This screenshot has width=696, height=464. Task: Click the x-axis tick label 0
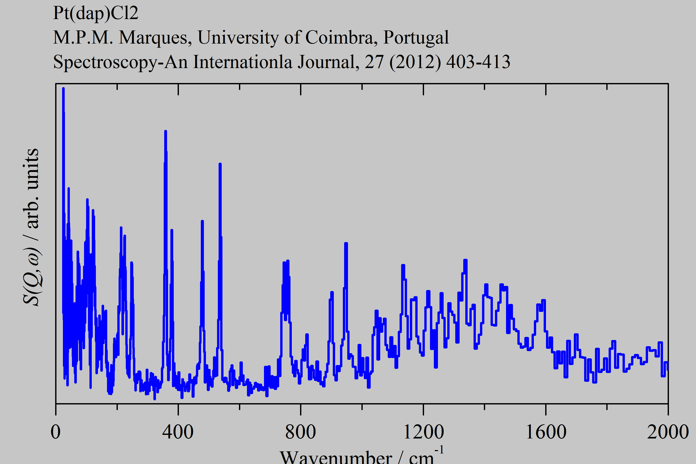(56, 432)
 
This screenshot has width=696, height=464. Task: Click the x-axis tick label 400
(178, 432)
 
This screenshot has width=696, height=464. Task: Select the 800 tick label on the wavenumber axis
(300, 432)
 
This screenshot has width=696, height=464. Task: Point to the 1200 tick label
(424, 432)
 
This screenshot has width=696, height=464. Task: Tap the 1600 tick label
(546, 432)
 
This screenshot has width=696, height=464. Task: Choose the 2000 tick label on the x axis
(668, 432)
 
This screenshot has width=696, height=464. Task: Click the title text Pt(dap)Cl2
(96, 13)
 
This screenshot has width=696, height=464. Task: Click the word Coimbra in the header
(339, 38)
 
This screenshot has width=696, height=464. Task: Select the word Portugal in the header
(416, 38)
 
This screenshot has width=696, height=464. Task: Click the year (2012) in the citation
(415, 62)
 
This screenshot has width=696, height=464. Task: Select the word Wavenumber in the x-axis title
(336, 457)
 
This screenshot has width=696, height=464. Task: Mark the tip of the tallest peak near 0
(63, 88)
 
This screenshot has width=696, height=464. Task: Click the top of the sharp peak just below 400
(165, 131)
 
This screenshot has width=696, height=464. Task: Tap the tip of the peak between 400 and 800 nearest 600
(220, 164)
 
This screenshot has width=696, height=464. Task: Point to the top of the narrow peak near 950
(346, 243)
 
